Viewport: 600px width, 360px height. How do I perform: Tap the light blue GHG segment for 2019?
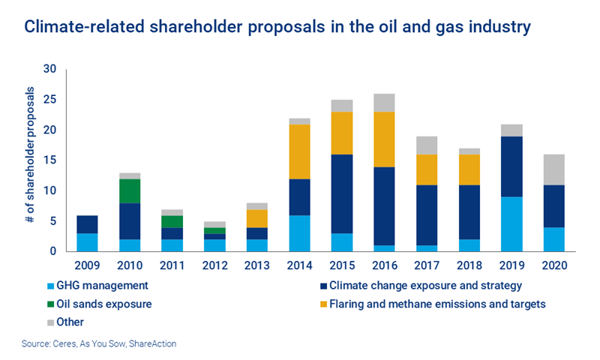(x=513, y=224)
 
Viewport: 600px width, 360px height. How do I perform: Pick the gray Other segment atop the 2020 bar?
(x=555, y=169)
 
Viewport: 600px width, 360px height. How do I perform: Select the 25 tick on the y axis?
(x=51, y=100)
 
